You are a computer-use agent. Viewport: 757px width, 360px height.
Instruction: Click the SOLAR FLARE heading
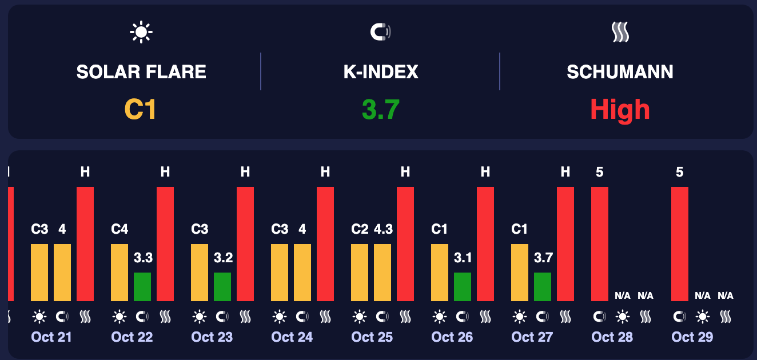click(141, 72)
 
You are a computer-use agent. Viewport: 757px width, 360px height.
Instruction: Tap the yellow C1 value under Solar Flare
click(141, 109)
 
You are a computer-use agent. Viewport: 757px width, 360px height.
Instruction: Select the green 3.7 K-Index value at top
click(380, 109)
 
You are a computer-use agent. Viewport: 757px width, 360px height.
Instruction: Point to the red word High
click(620, 109)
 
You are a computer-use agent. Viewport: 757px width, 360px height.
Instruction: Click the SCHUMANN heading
click(620, 72)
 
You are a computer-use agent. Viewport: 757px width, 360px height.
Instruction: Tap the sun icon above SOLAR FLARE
click(141, 33)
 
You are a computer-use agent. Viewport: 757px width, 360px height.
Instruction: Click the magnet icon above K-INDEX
click(380, 33)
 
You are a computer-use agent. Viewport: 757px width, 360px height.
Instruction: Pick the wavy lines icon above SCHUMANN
click(620, 33)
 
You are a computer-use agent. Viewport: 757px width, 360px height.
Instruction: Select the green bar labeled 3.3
click(142, 287)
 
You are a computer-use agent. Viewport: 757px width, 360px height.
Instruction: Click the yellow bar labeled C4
click(119, 273)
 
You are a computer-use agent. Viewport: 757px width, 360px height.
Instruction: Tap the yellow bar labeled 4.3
click(383, 273)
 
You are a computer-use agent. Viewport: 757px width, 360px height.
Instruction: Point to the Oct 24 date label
click(292, 337)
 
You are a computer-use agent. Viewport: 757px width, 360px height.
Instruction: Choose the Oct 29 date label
click(692, 337)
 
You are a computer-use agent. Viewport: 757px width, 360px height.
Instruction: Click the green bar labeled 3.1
click(463, 287)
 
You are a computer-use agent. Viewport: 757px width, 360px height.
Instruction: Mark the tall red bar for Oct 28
click(600, 244)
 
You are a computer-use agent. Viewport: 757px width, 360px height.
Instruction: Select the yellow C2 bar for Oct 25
click(360, 273)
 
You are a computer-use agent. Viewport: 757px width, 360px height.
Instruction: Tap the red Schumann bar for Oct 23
click(245, 244)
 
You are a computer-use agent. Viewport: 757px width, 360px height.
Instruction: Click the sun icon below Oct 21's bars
click(39, 316)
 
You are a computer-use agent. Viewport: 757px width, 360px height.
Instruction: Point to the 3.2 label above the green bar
click(223, 258)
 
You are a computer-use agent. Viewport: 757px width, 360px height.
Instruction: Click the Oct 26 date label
click(452, 337)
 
